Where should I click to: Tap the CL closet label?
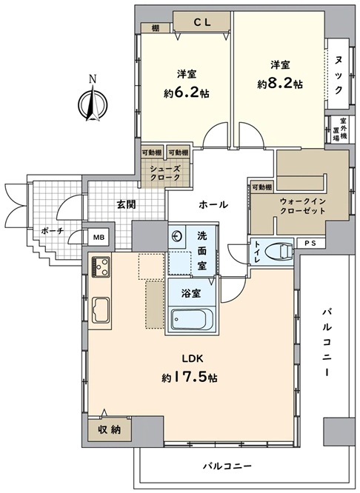click(x=201, y=22)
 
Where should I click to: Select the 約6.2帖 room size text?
click(x=186, y=93)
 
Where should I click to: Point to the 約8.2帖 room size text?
click(x=280, y=84)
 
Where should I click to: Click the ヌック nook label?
click(x=339, y=75)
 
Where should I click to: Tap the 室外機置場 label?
click(x=340, y=130)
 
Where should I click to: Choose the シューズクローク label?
click(x=165, y=173)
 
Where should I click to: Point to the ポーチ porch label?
click(x=53, y=231)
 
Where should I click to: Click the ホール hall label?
click(x=213, y=205)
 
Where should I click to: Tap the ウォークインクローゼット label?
click(x=302, y=206)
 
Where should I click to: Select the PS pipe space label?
click(x=310, y=243)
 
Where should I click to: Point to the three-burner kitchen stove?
click(x=101, y=266)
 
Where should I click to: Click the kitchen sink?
click(x=101, y=310)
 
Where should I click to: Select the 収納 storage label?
click(x=109, y=429)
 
